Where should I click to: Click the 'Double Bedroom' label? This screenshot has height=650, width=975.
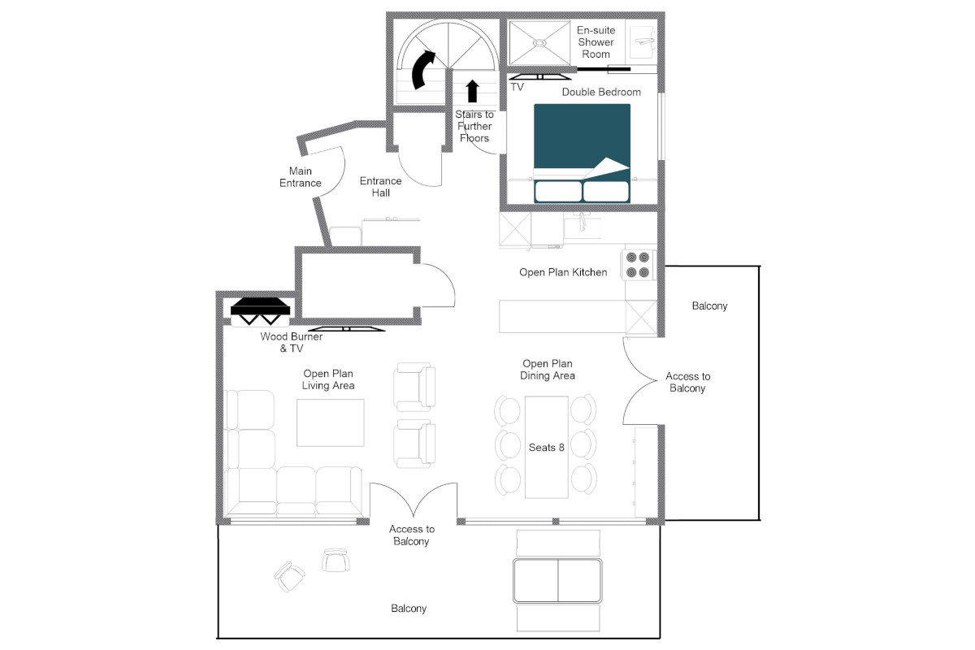[x=601, y=93]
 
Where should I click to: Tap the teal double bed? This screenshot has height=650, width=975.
[x=582, y=154]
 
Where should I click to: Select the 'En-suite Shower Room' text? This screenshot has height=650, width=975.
[x=596, y=42]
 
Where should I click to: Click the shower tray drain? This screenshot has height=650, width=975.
[x=539, y=43]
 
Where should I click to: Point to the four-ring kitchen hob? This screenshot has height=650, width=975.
[x=638, y=265]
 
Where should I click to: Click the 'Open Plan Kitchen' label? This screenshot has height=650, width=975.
[x=563, y=272]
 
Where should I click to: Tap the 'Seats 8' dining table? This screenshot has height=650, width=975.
[x=546, y=447]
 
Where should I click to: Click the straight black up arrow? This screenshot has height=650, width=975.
[x=472, y=91]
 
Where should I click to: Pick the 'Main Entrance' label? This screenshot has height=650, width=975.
[x=301, y=177]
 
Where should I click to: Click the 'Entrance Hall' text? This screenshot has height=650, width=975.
[x=380, y=187]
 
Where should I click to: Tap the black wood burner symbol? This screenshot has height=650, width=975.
[x=260, y=311]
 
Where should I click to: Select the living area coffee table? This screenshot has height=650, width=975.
[x=331, y=422]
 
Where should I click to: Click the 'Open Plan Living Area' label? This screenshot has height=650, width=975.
[x=328, y=379]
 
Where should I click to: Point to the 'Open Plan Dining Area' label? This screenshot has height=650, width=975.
[x=547, y=370]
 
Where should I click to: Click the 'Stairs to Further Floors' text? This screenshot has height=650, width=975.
[x=474, y=126]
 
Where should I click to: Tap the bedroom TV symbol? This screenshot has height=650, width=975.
[x=539, y=77]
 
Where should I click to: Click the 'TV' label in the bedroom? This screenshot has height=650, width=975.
[x=517, y=88]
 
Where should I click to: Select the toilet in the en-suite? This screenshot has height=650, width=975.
[x=642, y=42]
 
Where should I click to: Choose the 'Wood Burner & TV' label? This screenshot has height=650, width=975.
[x=291, y=342]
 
